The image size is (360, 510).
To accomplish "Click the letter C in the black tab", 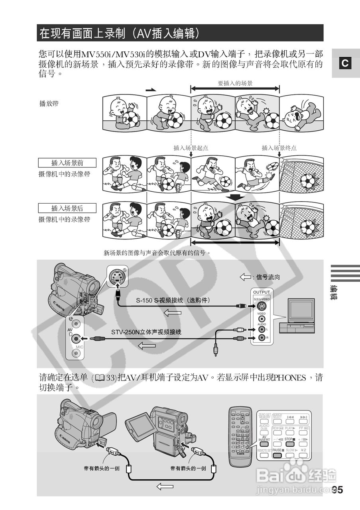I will tap(345, 63).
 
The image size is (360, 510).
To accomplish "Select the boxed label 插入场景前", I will tap(67, 163).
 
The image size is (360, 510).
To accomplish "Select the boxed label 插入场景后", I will tap(67, 208).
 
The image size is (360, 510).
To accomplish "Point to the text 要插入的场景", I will tap(235, 83).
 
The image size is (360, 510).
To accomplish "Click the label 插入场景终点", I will tap(279, 148).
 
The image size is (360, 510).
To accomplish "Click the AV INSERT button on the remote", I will tap(264, 439).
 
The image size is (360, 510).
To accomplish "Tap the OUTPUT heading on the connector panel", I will tap(262, 292).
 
